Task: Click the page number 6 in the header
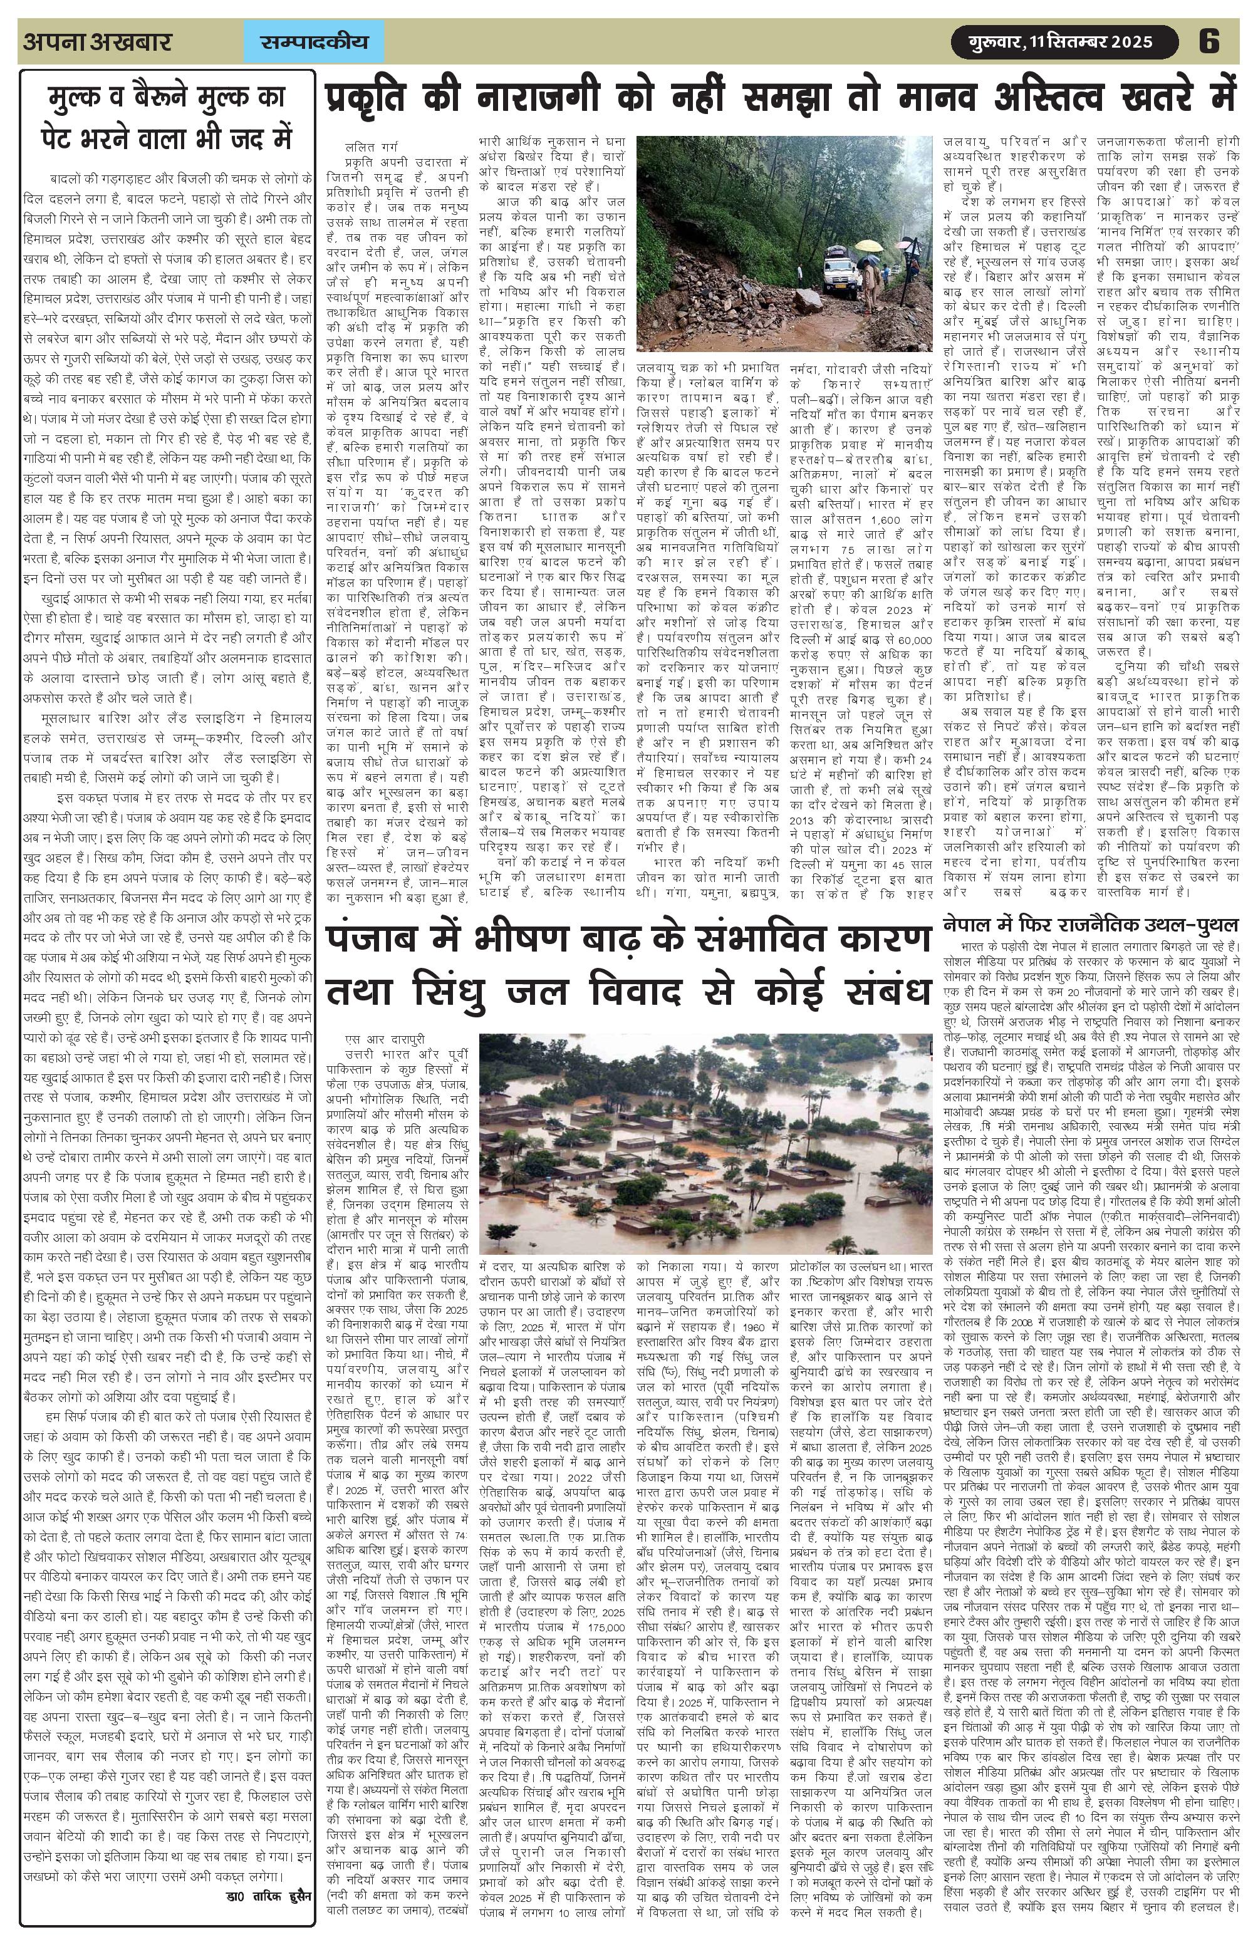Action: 1209,41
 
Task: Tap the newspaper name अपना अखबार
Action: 97,41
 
